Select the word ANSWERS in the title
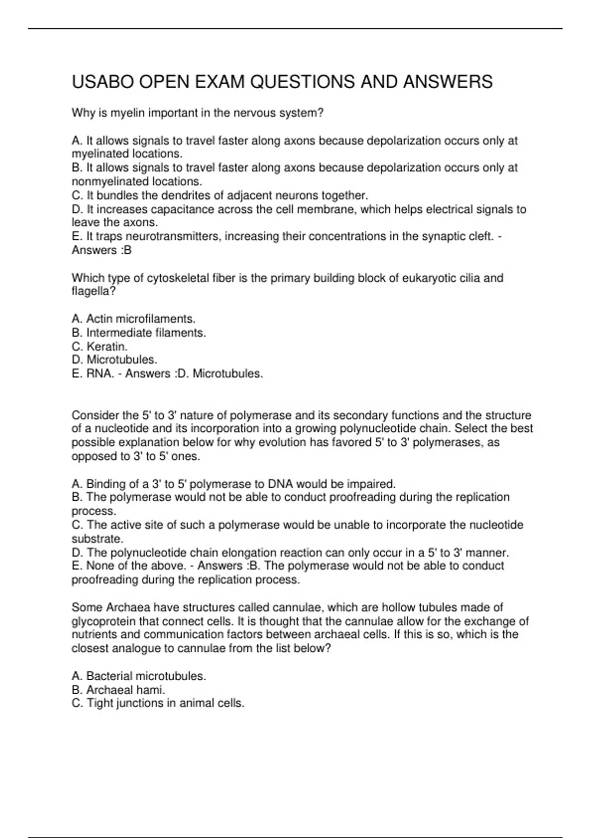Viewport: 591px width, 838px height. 448,82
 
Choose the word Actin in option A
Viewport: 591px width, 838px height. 99,319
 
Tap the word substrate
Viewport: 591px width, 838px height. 96,538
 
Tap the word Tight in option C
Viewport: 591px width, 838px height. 100,703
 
